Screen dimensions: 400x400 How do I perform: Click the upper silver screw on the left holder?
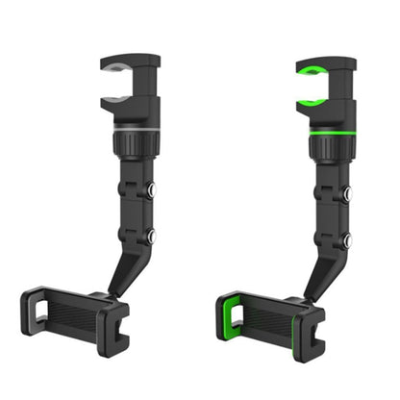tap(153, 192)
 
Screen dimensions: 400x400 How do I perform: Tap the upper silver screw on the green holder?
tap(346, 192)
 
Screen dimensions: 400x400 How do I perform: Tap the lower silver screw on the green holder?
tap(346, 238)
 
